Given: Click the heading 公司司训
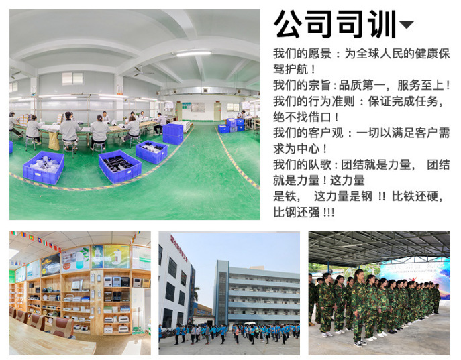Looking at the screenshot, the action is tap(335, 24).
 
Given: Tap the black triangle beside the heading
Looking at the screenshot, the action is tap(407, 25).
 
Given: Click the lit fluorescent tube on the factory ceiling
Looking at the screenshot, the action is tap(193, 54).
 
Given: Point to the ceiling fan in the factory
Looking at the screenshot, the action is tap(142, 71).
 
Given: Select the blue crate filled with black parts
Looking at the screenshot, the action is tap(120, 166).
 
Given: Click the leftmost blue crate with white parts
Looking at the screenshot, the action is tap(44, 168).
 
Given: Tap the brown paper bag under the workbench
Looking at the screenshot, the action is tap(54, 141).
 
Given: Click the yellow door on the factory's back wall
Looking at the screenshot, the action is tap(217, 111).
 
